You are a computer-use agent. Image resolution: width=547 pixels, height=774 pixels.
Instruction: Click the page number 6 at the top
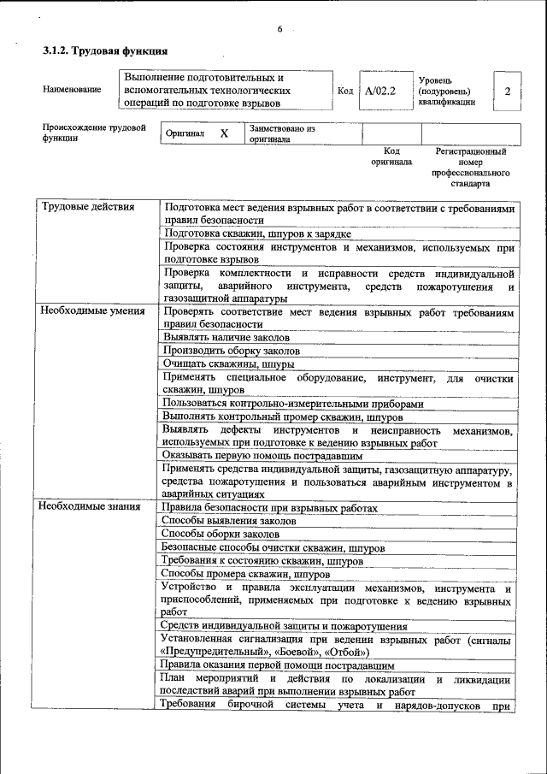pyautogui.click(x=279, y=30)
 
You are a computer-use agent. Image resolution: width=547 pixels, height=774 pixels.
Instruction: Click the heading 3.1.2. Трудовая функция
pyautogui.click(x=105, y=52)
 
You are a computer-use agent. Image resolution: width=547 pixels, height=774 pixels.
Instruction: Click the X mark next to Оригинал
pyautogui.click(x=224, y=134)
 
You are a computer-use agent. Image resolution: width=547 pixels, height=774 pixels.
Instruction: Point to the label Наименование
pyautogui.click(x=72, y=90)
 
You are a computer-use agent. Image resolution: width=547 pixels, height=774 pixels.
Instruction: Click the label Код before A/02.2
pyautogui.click(x=345, y=90)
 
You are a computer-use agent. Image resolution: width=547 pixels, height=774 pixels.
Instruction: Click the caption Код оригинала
pyautogui.click(x=391, y=156)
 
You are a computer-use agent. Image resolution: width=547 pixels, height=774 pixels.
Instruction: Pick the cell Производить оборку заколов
pyautogui.click(x=231, y=351)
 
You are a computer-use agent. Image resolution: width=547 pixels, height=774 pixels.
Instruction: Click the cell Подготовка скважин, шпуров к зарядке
pyautogui.click(x=257, y=233)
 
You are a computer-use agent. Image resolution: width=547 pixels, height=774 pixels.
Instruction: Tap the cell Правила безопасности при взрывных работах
pyautogui.click(x=269, y=507)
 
